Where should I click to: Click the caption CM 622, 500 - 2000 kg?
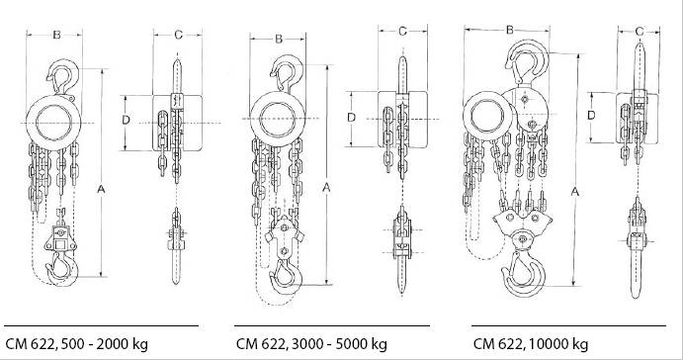click(77, 344)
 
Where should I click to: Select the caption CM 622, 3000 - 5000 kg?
click(311, 344)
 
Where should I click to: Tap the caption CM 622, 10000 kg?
click(531, 344)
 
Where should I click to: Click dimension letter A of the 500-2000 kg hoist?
click(101, 189)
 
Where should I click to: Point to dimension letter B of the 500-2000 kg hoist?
click(56, 35)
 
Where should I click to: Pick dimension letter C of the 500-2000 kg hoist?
click(178, 35)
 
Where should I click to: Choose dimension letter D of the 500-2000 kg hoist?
click(126, 120)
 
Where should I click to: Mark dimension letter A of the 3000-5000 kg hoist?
click(326, 187)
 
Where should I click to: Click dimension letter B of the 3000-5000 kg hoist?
click(279, 40)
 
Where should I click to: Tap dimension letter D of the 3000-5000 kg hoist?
click(352, 118)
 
